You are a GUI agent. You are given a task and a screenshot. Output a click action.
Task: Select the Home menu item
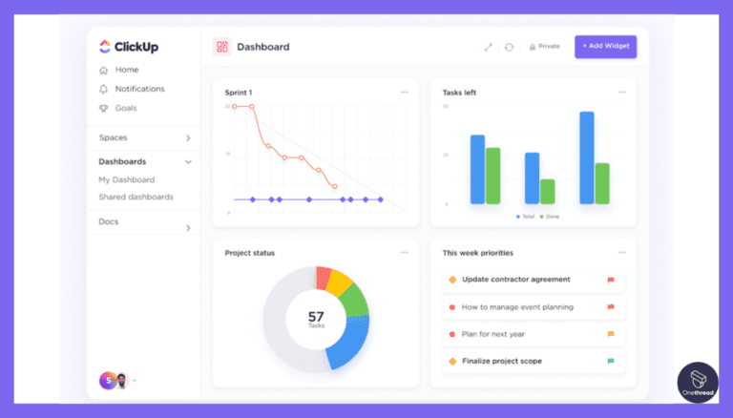[x=126, y=70]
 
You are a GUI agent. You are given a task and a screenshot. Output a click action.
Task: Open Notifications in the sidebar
[x=139, y=89]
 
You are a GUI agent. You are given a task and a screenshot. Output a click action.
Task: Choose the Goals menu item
[x=126, y=108]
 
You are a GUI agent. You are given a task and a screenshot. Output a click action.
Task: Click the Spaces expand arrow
[x=188, y=138]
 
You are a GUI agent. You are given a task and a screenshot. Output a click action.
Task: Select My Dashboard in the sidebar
[x=126, y=179]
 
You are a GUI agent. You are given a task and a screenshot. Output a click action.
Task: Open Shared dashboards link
[x=136, y=197]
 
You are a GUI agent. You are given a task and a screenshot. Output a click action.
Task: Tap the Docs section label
[x=109, y=221]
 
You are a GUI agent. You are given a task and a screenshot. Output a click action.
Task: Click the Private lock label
[x=544, y=46]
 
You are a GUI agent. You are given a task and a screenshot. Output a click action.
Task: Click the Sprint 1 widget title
[x=240, y=93]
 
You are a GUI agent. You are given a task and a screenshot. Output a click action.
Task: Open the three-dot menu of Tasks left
[x=622, y=93]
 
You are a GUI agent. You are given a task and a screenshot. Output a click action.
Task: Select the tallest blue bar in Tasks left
[x=587, y=157]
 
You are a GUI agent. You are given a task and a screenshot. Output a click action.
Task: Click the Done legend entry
[x=550, y=217]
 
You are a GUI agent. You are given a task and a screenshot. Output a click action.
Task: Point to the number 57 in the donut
[x=316, y=316]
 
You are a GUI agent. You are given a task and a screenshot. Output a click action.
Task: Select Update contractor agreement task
[x=515, y=280]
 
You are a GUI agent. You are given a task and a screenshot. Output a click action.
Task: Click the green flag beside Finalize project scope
[x=611, y=362]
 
